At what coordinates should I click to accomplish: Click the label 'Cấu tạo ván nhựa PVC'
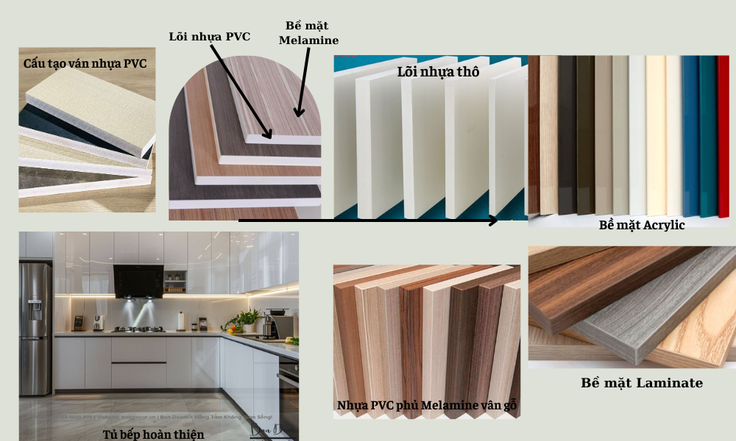click(x=85, y=64)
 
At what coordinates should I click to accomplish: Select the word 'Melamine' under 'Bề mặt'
click(x=308, y=40)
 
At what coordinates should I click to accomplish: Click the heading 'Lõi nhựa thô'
click(x=438, y=72)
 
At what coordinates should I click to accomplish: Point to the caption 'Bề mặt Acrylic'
click(x=642, y=225)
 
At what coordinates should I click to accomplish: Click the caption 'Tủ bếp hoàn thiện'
click(x=152, y=434)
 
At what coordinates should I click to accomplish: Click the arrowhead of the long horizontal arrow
click(x=494, y=220)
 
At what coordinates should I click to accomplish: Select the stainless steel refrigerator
click(x=35, y=309)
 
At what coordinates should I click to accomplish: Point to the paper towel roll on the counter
click(x=181, y=321)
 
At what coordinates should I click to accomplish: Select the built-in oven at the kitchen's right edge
click(x=289, y=397)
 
